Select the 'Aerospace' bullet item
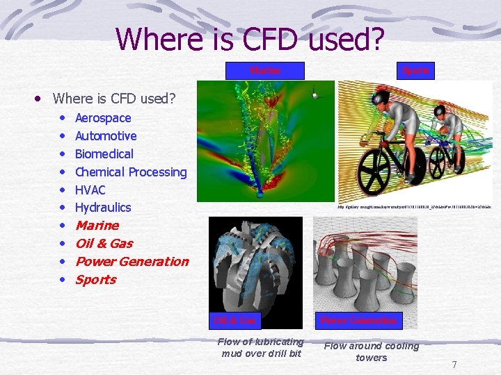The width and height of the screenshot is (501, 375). pyautogui.click(x=103, y=118)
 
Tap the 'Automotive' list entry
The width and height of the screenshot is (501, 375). pyautogui.click(x=106, y=136)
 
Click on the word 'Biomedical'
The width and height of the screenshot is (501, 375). pyautogui.click(x=104, y=154)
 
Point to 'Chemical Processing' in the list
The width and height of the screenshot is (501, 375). pyautogui.click(x=131, y=172)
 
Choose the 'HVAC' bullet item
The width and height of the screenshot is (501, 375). pyautogui.click(x=90, y=190)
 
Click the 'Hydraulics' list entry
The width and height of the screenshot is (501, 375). pyautogui.click(x=103, y=208)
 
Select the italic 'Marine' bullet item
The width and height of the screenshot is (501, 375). pyautogui.click(x=97, y=226)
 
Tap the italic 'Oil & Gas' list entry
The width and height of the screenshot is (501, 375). pyautogui.click(x=104, y=244)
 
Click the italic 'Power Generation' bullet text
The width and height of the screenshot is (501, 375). pyautogui.click(x=132, y=262)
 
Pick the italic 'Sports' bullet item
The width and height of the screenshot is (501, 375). pyautogui.click(x=95, y=280)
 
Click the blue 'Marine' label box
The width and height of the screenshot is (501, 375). pyautogui.click(x=266, y=70)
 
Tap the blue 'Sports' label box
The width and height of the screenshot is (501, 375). pyautogui.click(x=416, y=70)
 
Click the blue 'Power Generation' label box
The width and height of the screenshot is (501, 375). pyautogui.click(x=358, y=320)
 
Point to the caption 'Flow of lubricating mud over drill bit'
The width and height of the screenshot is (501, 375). pyautogui.click(x=260, y=347)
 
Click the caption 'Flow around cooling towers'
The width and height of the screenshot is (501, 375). pyautogui.click(x=372, y=351)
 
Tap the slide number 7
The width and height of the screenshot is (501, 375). pyautogui.click(x=454, y=365)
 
